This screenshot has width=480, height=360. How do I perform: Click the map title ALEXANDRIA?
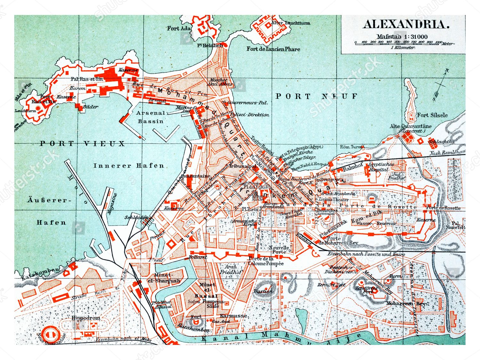tap(406, 25)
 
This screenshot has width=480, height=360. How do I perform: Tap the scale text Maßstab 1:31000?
tap(402, 36)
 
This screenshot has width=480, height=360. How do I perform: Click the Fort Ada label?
tap(179, 28)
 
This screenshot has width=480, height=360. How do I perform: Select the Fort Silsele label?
tap(432, 115)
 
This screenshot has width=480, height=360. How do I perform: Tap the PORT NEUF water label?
tap(316, 96)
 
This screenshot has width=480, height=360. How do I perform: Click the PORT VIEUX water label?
tap(82, 144)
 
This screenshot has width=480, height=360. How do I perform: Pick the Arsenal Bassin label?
tap(150, 117)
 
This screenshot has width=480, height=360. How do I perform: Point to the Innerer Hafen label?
tap(129, 166)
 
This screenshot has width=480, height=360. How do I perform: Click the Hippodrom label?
tap(86, 318)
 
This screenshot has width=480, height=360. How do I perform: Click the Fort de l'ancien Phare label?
tap(273, 49)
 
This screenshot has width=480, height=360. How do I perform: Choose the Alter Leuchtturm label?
tap(290, 23)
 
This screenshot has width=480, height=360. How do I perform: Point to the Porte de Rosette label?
tap(443, 208)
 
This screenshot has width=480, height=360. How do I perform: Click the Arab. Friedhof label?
tap(231, 269)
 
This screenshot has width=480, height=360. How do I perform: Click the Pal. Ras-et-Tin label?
tap(87, 79)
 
